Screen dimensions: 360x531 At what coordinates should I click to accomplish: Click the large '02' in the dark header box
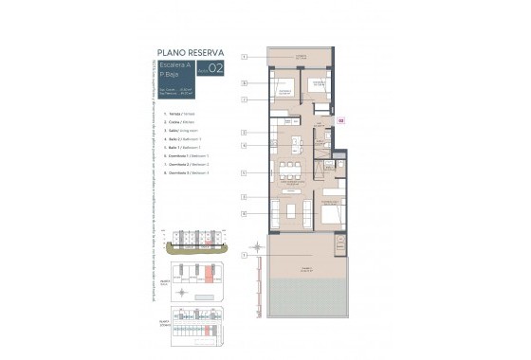216,68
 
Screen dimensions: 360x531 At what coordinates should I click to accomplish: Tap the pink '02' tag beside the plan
342,120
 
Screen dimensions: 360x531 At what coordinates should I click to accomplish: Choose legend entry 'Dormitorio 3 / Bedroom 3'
189,173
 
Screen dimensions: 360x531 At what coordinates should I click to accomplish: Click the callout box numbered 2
244,133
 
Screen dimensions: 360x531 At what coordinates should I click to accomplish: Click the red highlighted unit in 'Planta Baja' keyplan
210,277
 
